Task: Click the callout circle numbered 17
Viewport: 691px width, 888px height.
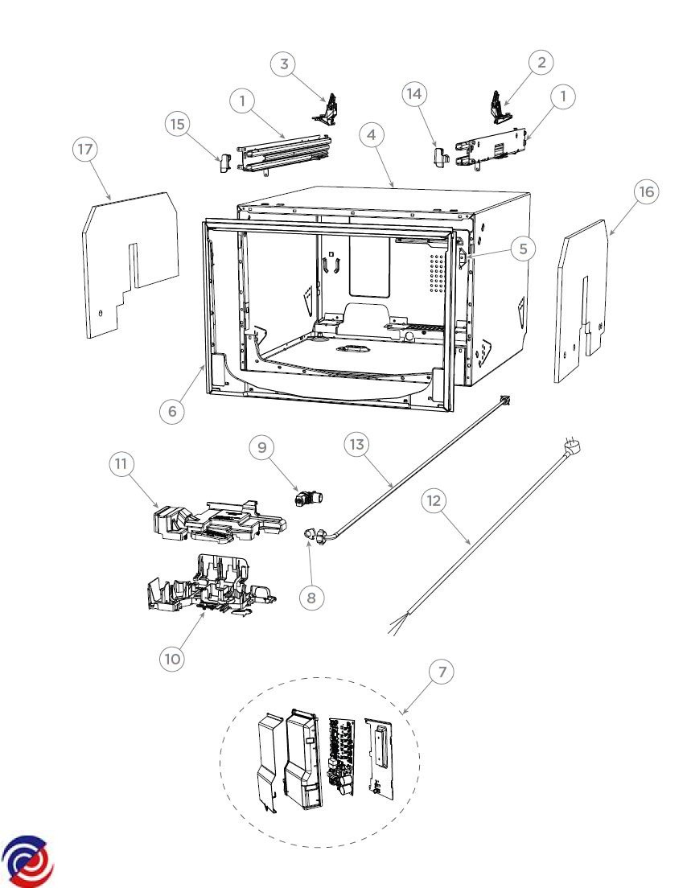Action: tap(85, 150)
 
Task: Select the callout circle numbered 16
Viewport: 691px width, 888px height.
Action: tap(646, 192)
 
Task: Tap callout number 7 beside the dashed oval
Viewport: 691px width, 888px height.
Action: tap(442, 672)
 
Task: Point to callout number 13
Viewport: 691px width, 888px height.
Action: tap(356, 445)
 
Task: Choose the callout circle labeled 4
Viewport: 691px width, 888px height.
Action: tap(372, 135)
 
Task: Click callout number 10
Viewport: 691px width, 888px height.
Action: tap(171, 659)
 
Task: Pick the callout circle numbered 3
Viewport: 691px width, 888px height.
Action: tap(284, 64)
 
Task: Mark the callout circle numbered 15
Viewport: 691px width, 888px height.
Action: tap(178, 124)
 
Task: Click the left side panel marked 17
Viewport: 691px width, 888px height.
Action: tap(130, 265)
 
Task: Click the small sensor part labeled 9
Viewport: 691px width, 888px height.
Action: tap(308, 499)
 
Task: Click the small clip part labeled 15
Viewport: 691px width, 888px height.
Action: tap(224, 161)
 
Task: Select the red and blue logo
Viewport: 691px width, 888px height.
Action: tap(27, 861)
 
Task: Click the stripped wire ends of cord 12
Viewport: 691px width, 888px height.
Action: tap(398, 625)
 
